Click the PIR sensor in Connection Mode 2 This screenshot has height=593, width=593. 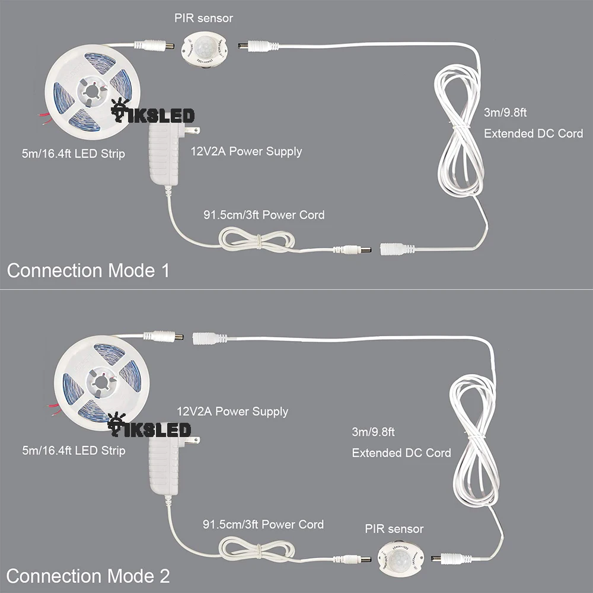coord(400,557)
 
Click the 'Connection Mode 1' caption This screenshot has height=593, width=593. coord(88,270)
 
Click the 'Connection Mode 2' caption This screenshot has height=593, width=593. coord(88,575)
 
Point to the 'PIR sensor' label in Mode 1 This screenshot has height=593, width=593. coord(203,18)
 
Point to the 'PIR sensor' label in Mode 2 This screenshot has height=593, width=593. coord(394,528)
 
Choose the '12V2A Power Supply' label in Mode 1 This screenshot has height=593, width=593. coord(246,151)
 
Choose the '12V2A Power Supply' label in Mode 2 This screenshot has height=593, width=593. coord(232,411)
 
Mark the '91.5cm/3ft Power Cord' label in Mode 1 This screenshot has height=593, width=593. coord(264,214)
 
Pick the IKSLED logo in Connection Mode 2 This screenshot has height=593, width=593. coord(151,428)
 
